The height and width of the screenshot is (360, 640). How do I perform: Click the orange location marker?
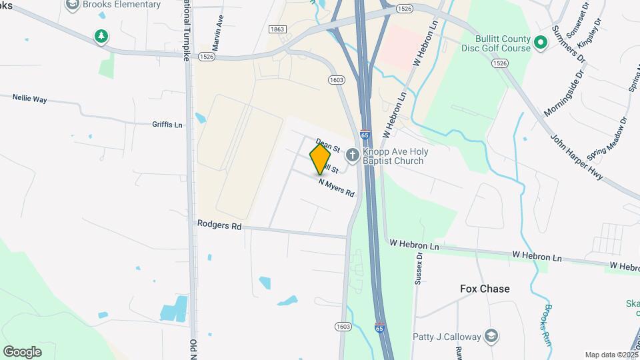point(320,159)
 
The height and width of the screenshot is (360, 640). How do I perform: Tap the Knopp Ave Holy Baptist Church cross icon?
point(352,156)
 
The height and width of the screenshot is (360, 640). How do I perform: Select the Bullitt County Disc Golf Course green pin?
point(541,43)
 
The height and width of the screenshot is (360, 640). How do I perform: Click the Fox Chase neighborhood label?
point(485,289)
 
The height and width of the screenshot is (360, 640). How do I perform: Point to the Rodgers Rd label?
point(219,225)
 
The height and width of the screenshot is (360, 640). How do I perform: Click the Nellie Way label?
point(29,99)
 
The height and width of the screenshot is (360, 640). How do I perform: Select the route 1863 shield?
point(278,29)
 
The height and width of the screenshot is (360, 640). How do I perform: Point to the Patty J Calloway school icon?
point(491,335)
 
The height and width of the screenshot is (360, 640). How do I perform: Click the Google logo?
point(22,351)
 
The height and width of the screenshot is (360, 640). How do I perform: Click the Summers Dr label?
point(569,45)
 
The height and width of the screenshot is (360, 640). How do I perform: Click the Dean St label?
point(328,144)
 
